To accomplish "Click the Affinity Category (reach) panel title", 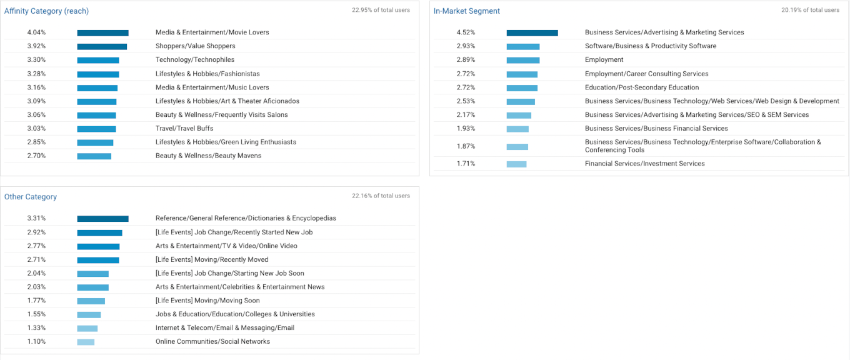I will point(46,11).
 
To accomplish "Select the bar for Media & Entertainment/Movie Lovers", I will point(102,33).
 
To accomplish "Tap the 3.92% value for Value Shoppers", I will point(36,46).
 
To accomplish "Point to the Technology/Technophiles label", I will point(195,60).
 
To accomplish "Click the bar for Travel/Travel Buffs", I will point(96,129).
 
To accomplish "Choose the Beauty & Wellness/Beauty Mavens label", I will point(208,156).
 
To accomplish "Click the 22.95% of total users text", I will point(381,10).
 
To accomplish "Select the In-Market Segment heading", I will point(467,11).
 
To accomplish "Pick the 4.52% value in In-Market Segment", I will point(466,32).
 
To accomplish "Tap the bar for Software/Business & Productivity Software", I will point(522,47).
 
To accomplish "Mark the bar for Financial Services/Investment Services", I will point(516,164).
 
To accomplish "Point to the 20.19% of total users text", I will point(810,10).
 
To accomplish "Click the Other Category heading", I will point(31,197).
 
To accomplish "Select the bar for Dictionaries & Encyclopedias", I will point(102,219).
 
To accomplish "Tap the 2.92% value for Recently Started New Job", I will point(36,232).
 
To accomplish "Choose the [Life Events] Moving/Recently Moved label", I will point(212,260).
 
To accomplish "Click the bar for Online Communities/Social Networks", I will point(86,342).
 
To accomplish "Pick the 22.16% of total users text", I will point(381,196).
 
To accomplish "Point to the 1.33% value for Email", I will point(36,328).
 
